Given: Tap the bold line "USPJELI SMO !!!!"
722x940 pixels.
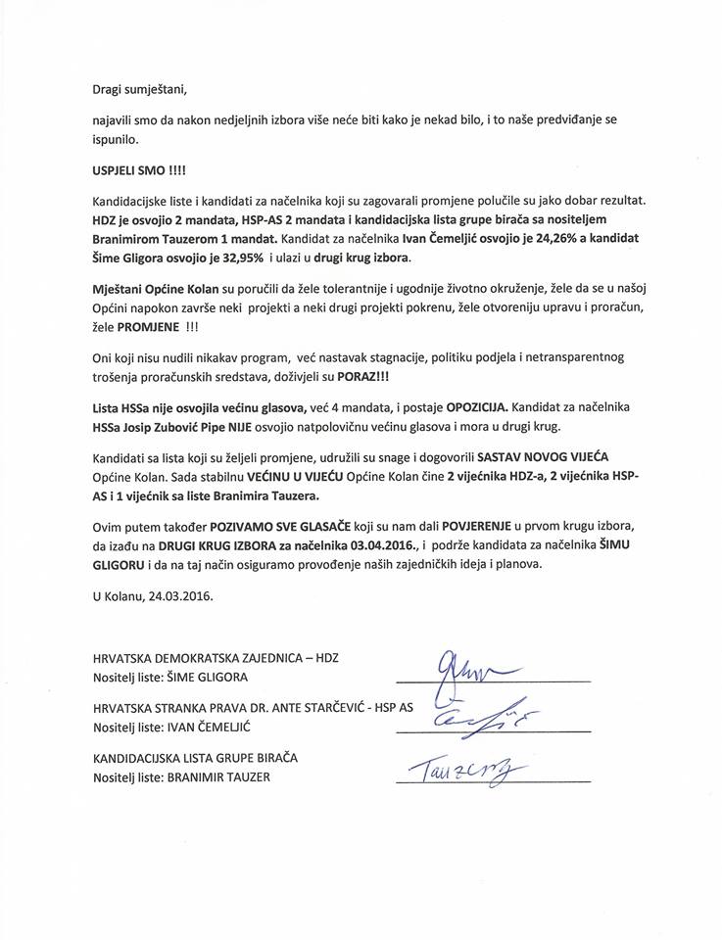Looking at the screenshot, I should click(x=123, y=168).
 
